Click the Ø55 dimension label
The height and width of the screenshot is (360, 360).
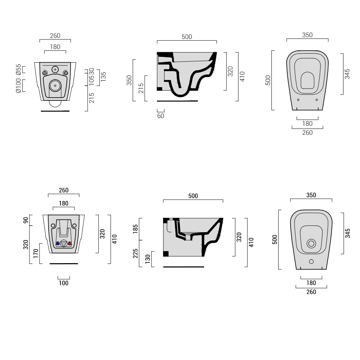(18, 69)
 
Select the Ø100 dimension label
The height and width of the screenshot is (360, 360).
(18, 86)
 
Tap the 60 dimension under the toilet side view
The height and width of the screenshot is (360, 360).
(161, 116)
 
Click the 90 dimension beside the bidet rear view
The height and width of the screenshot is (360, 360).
(25, 220)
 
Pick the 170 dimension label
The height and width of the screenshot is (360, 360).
(35, 253)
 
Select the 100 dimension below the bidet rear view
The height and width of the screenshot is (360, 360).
(63, 283)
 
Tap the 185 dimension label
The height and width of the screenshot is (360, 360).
(135, 229)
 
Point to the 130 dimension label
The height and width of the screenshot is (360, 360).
(148, 259)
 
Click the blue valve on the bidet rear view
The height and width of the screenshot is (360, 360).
(58, 244)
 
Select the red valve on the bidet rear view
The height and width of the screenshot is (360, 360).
(69, 244)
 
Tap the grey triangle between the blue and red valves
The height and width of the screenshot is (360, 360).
(64, 244)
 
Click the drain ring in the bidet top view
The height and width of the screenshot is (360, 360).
(311, 244)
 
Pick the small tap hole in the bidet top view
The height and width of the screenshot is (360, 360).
(311, 261)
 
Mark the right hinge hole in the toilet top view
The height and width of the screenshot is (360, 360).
(316, 100)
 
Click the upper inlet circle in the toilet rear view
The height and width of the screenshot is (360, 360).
(55, 69)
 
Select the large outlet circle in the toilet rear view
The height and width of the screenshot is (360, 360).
(55, 85)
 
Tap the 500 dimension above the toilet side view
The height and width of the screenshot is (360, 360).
(187, 37)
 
